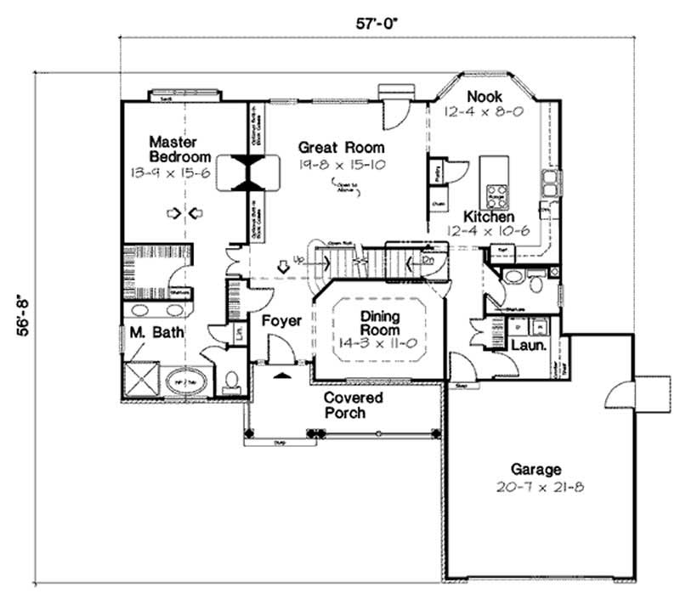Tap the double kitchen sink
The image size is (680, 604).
pos(551,179)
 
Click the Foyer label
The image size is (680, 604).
pos(281,321)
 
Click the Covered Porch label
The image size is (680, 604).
pos(353,405)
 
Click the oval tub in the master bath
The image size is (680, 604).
pos(183,381)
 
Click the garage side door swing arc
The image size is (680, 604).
pos(617,395)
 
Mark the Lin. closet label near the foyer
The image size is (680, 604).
pos(240,331)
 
